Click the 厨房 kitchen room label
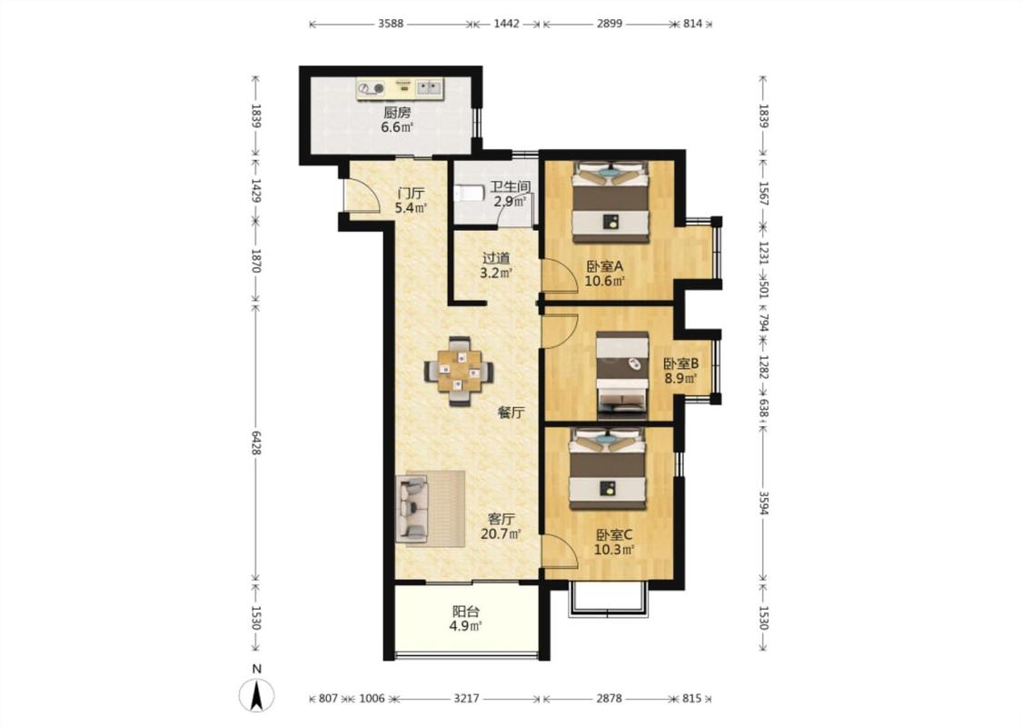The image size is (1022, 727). (x=397, y=112)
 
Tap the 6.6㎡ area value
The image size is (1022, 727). (x=397, y=128)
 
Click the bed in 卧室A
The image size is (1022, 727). (x=610, y=202)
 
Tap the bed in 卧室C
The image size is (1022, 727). (x=608, y=468)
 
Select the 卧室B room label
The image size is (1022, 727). (x=681, y=363)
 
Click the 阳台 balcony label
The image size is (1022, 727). (x=466, y=612)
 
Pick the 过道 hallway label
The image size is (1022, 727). (x=496, y=258)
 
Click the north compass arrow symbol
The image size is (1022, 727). (x=257, y=694)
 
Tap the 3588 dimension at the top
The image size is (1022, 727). (x=391, y=25)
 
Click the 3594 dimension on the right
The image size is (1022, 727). (x=763, y=500)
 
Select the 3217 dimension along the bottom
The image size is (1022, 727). (x=466, y=699)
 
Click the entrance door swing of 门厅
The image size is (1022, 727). (x=362, y=195)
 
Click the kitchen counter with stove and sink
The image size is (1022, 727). (x=400, y=89)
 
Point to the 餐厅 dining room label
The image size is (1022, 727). (x=511, y=412)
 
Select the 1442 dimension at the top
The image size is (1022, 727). (x=506, y=25)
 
